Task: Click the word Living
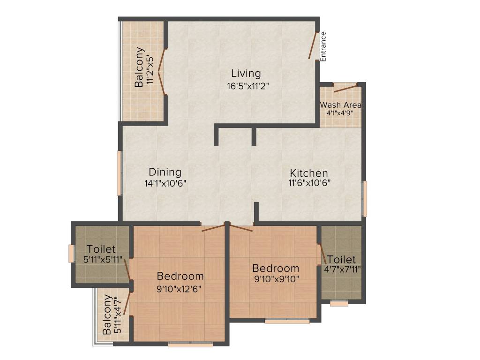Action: tap(246, 74)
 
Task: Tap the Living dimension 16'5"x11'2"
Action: tap(247, 86)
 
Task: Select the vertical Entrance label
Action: tap(323, 46)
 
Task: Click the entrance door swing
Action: tap(313, 45)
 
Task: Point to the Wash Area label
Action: tap(341, 105)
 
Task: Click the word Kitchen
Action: tap(308, 173)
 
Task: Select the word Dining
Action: tap(165, 172)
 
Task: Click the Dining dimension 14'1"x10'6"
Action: tap(165, 184)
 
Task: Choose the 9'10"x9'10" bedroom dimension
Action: tap(276, 279)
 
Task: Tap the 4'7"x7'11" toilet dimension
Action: tap(342, 270)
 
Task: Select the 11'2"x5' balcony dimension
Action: tap(150, 70)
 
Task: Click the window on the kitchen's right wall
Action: tap(365, 198)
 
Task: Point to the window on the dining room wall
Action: tap(120, 172)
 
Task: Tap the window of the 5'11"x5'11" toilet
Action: tap(71, 254)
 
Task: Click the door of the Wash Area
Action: tap(345, 88)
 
